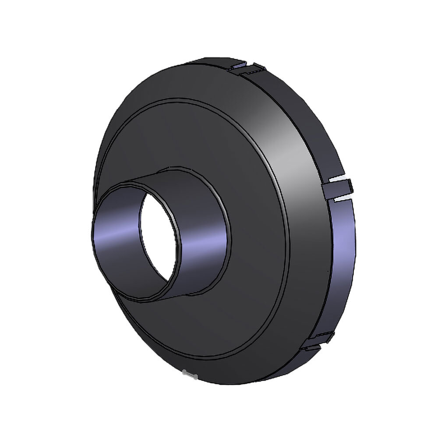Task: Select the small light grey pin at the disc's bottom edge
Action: (x=189, y=374)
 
